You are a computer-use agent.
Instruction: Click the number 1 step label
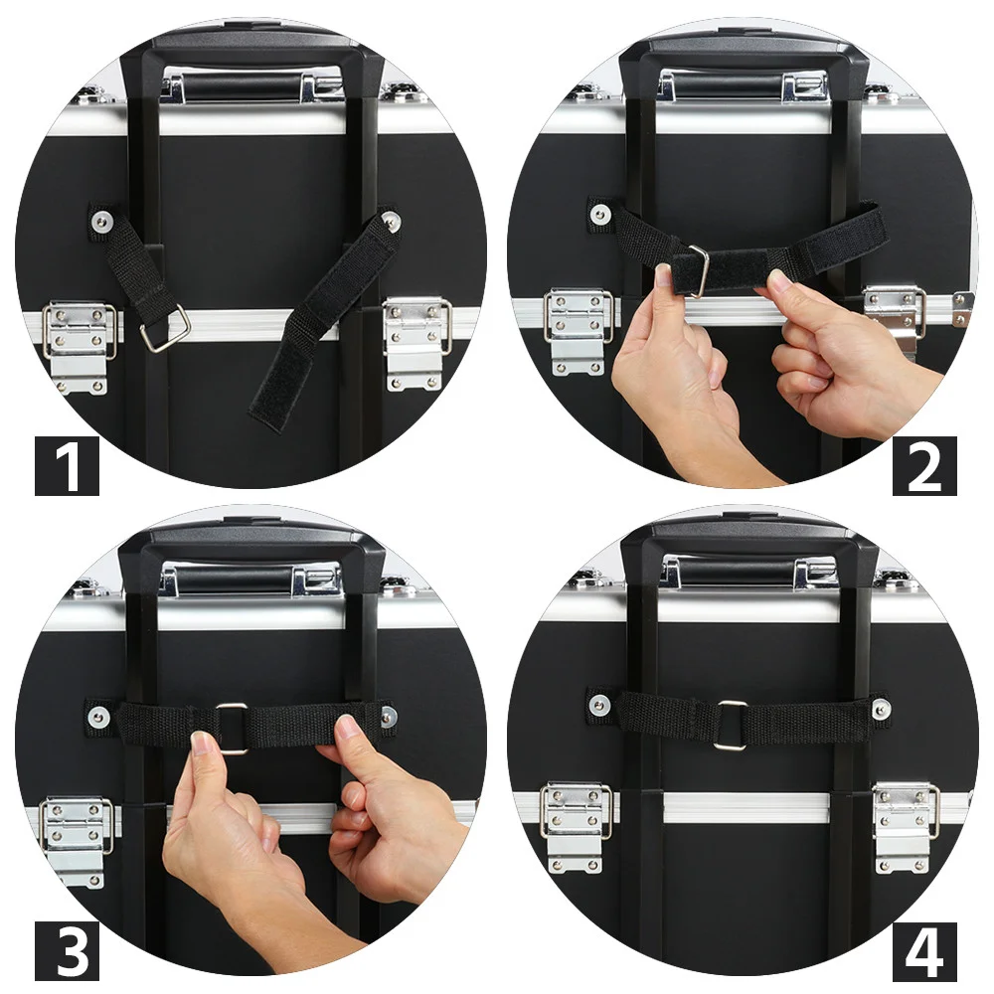[x=67, y=466]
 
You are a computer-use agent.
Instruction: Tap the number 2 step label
[x=924, y=466]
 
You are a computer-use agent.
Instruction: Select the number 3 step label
[x=67, y=952]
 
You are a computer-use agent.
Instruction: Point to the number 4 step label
[x=924, y=952]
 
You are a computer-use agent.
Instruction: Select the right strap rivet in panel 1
[x=390, y=220]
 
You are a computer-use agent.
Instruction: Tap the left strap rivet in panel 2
[x=597, y=213]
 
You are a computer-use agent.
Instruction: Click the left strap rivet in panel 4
[x=596, y=703]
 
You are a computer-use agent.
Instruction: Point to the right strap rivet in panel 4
[x=879, y=706]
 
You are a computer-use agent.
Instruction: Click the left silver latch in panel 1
[x=79, y=347]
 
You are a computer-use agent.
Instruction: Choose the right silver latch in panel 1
[x=417, y=344]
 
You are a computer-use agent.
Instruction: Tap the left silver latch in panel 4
[x=576, y=827]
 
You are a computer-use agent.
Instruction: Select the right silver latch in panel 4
[x=906, y=827]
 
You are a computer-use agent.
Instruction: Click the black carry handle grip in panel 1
[x=241, y=87]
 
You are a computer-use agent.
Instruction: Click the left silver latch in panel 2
[x=577, y=332]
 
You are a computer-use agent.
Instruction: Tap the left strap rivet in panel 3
[x=97, y=717]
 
